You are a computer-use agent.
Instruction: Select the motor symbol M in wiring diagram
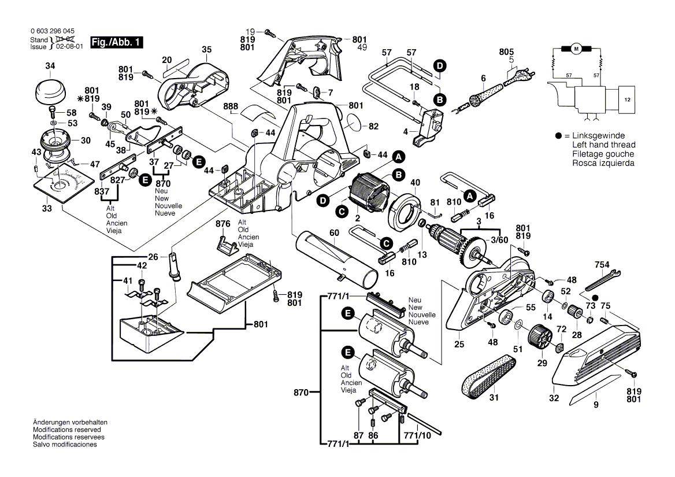pos(576,49)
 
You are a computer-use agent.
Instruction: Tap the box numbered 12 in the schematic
pos(627,100)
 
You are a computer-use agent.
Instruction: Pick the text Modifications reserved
pos(67,430)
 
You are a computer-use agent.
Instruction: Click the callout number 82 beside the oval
pos(373,126)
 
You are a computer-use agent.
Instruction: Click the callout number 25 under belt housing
pos(459,345)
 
